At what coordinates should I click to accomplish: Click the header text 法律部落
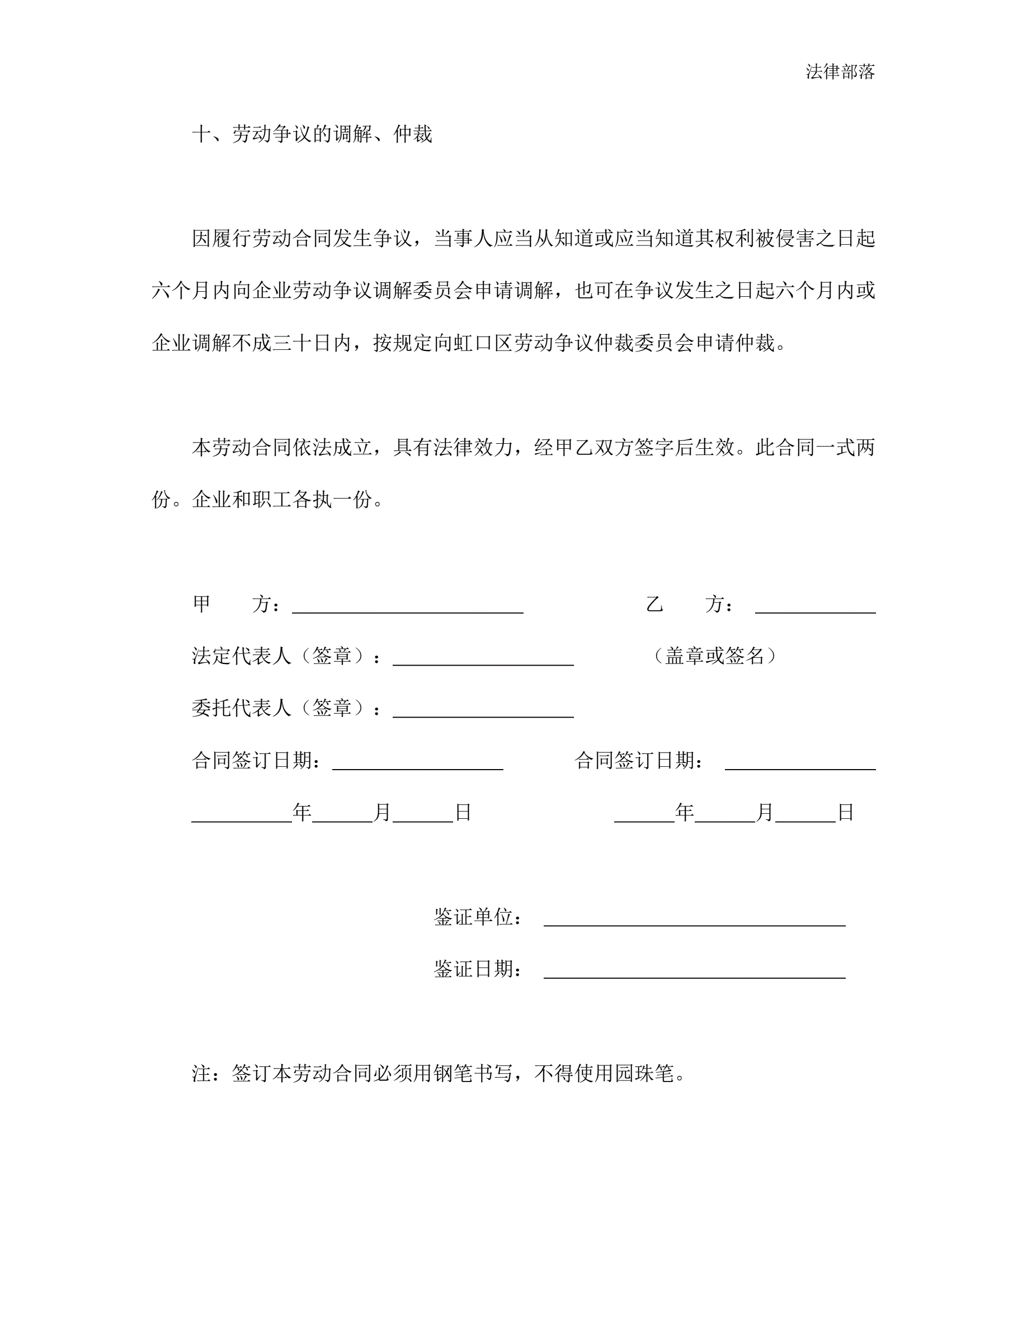(840, 72)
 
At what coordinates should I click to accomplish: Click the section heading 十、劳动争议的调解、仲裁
(312, 134)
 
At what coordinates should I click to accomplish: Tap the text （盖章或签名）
(714, 656)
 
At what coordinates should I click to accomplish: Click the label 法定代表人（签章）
(282, 656)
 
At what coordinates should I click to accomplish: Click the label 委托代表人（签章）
(282, 708)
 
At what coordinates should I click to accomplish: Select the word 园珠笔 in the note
(644, 1073)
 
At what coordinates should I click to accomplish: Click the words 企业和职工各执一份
(282, 499)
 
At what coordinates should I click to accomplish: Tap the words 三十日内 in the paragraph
(312, 343)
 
